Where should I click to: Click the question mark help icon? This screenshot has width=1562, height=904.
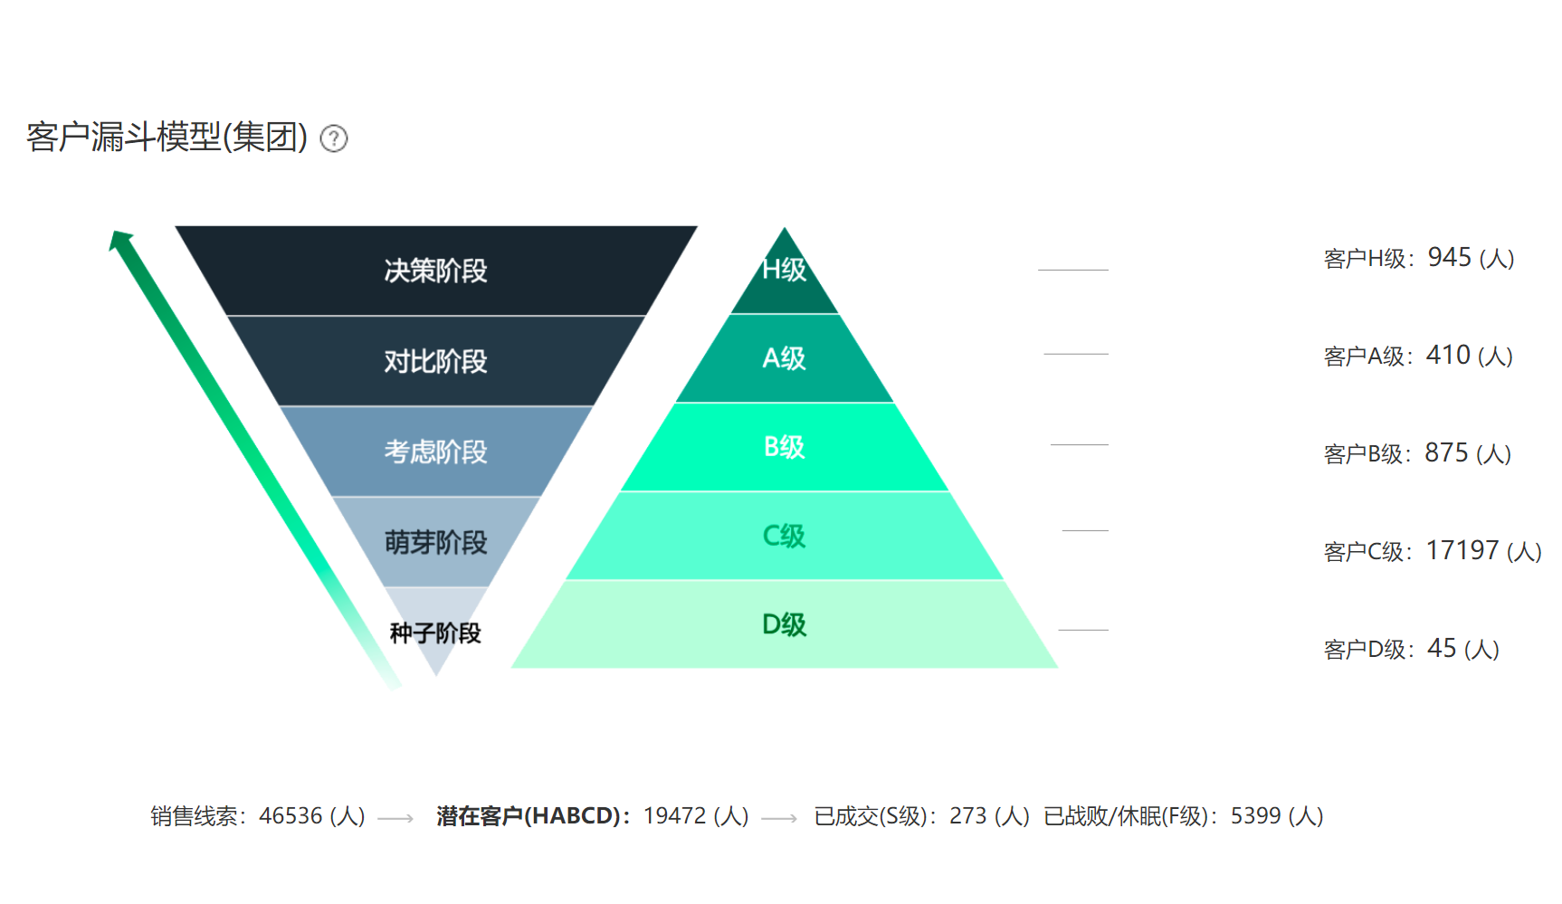click(x=334, y=138)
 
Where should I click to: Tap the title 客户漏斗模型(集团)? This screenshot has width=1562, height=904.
click(x=167, y=137)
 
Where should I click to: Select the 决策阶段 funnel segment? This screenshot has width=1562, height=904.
click(x=435, y=270)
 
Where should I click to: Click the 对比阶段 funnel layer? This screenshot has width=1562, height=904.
click(x=435, y=361)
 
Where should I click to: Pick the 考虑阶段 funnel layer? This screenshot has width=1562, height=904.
click(x=435, y=452)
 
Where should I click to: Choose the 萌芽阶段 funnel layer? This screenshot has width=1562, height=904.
click(x=435, y=542)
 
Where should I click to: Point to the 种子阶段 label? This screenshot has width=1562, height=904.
click(x=435, y=633)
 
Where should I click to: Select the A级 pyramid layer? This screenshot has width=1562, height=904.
click(x=785, y=358)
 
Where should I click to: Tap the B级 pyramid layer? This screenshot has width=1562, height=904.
click(x=785, y=447)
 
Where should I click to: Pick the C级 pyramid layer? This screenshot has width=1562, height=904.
click(x=785, y=536)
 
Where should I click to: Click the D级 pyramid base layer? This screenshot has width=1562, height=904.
click(x=785, y=624)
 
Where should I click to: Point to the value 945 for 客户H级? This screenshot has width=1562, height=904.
click(x=1449, y=257)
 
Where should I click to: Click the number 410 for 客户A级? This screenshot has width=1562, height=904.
click(x=1448, y=355)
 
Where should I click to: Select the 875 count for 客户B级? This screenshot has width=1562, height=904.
click(x=1446, y=452)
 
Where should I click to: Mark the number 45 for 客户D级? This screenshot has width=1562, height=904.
click(x=1442, y=648)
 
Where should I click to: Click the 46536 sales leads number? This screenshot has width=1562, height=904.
click(x=290, y=815)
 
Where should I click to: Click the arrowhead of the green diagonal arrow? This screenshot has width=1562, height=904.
click(x=120, y=240)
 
